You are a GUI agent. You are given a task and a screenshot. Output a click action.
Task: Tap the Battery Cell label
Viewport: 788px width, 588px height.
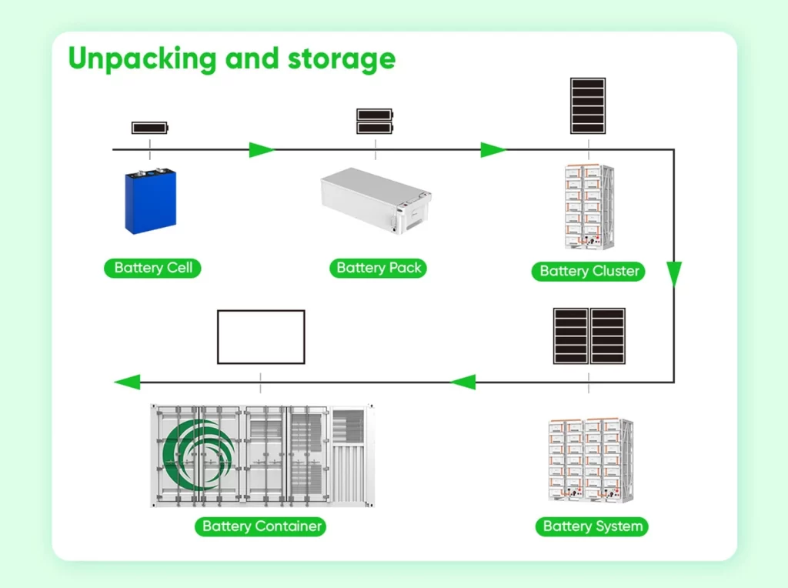[152, 268]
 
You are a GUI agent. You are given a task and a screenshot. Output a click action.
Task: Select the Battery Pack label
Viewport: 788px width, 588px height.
[379, 268]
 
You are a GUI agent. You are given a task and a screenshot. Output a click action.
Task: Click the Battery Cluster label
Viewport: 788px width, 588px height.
[589, 271]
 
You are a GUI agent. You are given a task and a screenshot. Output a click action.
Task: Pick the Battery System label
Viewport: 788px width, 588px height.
[593, 526]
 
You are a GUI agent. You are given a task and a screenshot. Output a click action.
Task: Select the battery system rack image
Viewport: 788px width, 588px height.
[589, 460]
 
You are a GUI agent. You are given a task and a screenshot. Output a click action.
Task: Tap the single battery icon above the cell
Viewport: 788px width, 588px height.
[150, 128]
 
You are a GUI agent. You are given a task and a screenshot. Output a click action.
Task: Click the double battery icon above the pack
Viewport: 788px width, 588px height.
[375, 122]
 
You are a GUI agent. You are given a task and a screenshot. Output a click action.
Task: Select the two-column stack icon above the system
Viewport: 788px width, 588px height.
[589, 336]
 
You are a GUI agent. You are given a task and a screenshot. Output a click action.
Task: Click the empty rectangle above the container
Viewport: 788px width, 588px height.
[261, 337]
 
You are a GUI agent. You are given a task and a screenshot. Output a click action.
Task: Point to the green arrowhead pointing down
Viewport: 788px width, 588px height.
[674, 274]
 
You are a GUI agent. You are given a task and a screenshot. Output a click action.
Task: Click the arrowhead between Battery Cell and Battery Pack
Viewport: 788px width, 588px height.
[262, 149]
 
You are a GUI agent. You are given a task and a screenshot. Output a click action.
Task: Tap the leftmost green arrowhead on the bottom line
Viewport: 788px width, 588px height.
[128, 381]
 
